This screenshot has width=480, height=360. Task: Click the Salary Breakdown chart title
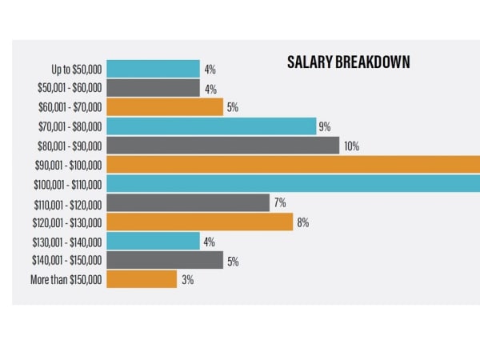[348, 62]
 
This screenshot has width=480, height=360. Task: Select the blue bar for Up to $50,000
[153, 69]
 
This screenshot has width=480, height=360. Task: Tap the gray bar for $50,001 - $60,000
[153, 88]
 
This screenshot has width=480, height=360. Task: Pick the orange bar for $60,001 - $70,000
[164, 107]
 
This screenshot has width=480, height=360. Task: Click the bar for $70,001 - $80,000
[211, 126]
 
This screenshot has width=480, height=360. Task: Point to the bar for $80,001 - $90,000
[222, 146]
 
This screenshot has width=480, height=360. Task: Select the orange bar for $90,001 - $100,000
[293, 165]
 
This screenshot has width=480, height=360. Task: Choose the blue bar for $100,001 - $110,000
[293, 184]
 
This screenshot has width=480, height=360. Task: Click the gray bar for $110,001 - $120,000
[188, 203]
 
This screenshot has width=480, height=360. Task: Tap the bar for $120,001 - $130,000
[199, 222]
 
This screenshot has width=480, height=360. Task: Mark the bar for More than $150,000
[141, 280]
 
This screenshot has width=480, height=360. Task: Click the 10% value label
[352, 146]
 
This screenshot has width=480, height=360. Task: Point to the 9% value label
[326, 126]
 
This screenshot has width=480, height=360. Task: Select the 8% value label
[303, 222]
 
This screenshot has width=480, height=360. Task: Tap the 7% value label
[280, 203]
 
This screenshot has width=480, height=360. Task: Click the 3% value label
[187, 280]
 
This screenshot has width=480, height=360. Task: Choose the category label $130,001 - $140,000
[67, 242]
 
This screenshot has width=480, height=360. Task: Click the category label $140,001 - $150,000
[67, 261]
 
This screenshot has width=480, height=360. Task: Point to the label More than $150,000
[66, 280]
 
